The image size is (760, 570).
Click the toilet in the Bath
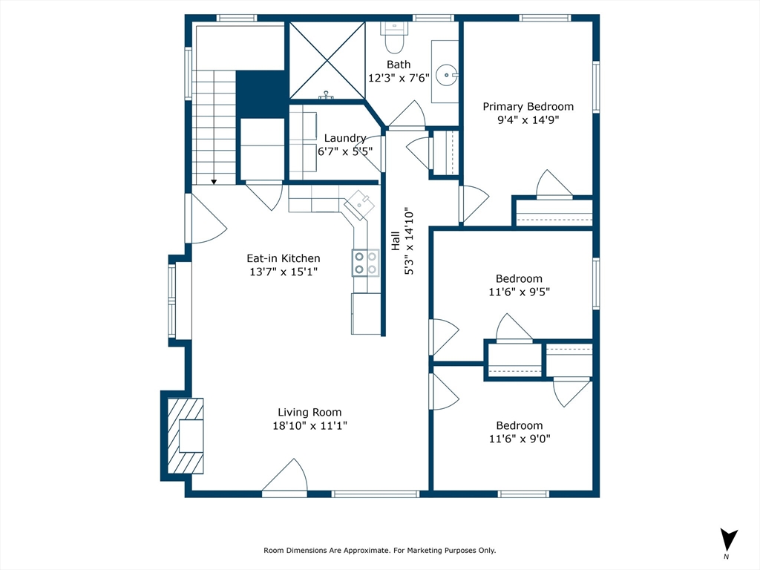pos(395,37)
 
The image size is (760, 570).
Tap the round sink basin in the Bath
pos(446,76)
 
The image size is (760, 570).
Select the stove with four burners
pos(366,263)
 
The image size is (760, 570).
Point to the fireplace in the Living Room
pos(185,435)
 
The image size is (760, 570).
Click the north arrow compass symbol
pos(728,541)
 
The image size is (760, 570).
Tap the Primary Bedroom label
pos(528,107)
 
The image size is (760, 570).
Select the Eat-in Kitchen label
pos(284,258)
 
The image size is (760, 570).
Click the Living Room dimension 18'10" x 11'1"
pos(309,425)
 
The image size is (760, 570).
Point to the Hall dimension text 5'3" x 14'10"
pos(409,242)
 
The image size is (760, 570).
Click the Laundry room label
pos(344,138)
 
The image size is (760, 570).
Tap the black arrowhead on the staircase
pos(214,182)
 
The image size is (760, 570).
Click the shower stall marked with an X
pos(327,61)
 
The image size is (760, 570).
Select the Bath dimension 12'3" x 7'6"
pos(399,78)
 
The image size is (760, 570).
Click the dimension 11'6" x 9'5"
pos(519,292)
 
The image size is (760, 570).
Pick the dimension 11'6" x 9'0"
pos(519,439)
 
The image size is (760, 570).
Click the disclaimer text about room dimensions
pos(379,550)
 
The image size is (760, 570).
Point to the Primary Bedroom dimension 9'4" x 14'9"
pos(528,119)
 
